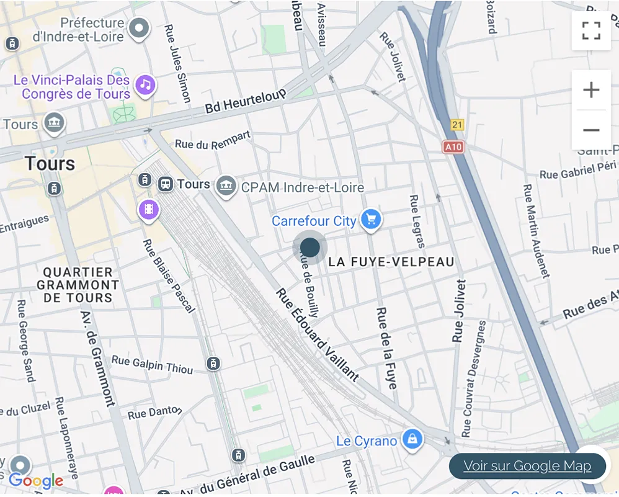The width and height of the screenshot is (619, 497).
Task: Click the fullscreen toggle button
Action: (x=591, y=30)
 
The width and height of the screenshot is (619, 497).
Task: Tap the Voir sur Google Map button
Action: (x=527, y=466)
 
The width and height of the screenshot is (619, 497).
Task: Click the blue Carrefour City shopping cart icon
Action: (x=371, y=219)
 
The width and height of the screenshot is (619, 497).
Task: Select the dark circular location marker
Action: (x=309, y=248)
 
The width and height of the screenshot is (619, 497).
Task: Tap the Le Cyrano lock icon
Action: (x=412, y=440)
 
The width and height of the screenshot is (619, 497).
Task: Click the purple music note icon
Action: (x=145, y=84)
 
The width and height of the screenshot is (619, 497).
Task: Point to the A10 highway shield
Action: (x=453, y=147)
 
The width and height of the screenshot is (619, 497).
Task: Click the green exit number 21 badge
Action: (x=457, y=125)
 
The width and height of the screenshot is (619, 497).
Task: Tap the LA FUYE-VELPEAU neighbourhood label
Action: (x=391, y=262)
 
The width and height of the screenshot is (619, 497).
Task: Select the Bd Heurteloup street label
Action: (x=246, y=101)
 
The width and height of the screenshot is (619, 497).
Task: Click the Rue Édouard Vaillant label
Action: (x=317, y=334)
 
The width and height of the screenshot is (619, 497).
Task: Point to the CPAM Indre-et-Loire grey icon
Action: (x=226, y=186)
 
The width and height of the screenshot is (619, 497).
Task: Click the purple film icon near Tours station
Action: (x=149, y=210)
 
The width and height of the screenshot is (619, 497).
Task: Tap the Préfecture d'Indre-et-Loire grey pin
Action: (x=140, y=28)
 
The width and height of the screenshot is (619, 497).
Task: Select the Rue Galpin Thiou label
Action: (x=152, y=364)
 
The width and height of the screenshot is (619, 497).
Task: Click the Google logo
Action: (x=36, y=480)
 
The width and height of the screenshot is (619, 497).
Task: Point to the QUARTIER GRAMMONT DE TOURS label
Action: (x=78, y=285)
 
